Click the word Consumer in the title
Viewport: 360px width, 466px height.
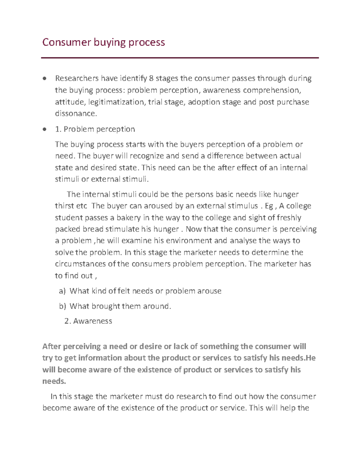[x=66, y=42]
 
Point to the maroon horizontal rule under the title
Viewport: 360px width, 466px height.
[x=180, y=58]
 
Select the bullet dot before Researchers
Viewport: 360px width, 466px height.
[x=45, y=79]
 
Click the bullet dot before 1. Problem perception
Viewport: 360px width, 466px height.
[x=45, y=130]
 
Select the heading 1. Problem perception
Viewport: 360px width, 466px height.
[x=95, y=129]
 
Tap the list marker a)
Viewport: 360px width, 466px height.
[x=62, y=291]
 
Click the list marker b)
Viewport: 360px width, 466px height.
[x=62, y=306]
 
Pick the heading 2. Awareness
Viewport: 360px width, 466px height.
[x=88, y=321]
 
